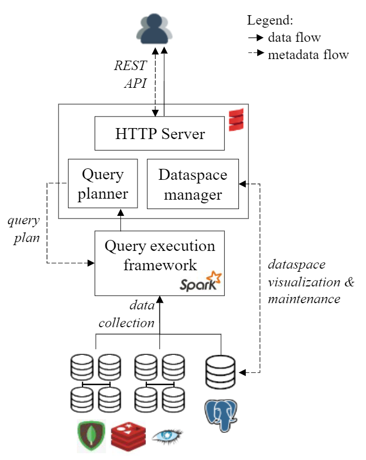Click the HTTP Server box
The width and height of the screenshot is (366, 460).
[x=159, y=133]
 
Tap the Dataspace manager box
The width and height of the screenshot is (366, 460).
[x=192, y=183]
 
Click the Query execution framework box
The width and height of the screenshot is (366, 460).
[x=159, y=263]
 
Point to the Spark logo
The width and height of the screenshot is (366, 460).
[x=201, y=283]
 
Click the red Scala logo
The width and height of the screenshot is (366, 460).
[x=236, y=120]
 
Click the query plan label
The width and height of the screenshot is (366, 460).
[x=24, y=228]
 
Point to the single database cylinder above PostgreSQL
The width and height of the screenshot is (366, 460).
[x=221, y=372]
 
